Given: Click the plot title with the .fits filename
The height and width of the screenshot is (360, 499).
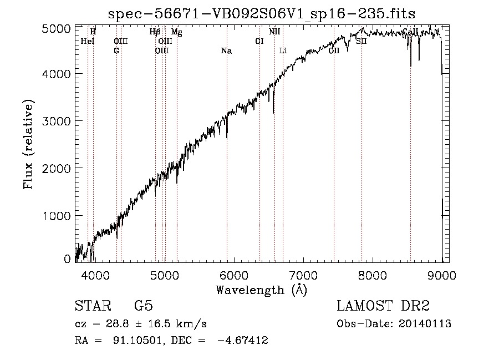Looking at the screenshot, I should [261, 13].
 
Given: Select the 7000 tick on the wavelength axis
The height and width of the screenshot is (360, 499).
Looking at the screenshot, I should [303, 275].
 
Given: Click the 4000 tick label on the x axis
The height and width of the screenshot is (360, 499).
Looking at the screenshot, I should [95, 275].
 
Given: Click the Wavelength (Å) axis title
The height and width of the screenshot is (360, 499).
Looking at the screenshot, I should [261, 290].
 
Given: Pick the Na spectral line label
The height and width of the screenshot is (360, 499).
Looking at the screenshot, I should [226, 51].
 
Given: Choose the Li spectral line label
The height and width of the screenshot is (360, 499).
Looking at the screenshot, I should [283, 51].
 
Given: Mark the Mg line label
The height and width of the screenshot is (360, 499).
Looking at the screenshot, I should [176, 32].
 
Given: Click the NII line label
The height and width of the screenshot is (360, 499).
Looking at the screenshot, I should [274, 32].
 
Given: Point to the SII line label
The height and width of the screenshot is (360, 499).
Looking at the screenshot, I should [361, 41].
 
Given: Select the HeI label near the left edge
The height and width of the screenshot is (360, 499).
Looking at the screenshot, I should [88, 41].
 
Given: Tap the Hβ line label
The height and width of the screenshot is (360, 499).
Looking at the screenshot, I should [155, 32].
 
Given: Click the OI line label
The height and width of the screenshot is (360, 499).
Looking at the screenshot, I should [259, 41].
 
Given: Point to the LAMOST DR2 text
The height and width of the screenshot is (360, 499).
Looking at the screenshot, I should [383, 307].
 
